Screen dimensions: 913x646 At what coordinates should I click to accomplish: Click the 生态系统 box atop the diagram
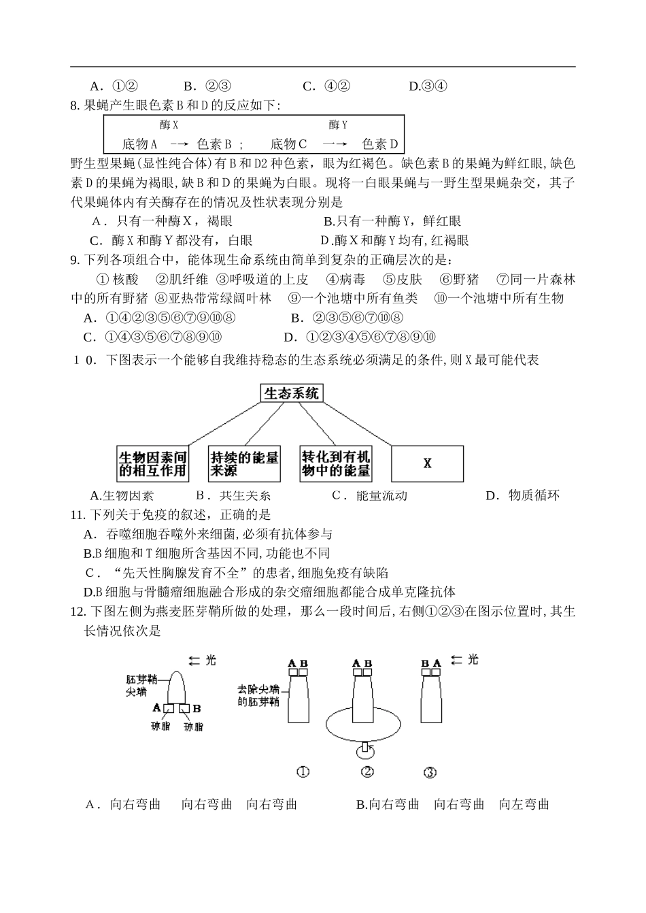pyautogui.click(x=290, y=393)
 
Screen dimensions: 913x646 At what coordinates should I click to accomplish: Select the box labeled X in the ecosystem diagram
pyautogui.click(x=427, y=463)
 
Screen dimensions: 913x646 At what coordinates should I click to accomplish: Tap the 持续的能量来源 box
pyautogui.click(x=245, y=463)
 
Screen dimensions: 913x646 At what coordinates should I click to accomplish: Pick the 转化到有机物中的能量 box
pyautogui.click(x=336, y=463)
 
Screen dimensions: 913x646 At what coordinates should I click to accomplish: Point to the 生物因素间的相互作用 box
pyautogui.click(x=152, y=463)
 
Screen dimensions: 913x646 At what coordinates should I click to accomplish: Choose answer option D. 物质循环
pyautogui.click(x=522, y=495)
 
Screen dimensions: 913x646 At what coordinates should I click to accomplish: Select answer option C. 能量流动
pyautogui.click(x=369, y=495)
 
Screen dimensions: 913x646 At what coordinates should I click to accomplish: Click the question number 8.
pyautogui.click(x=75, y=105)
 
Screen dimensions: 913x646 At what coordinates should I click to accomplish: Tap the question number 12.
pyautogui.click(x=77, y=612)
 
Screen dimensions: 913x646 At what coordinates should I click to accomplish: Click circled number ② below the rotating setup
pyautogui.click(x=367, y=771)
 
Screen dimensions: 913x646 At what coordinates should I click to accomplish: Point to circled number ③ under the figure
pyautogui.click(x=430, y=772)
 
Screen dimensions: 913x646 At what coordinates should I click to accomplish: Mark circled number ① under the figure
pyautogui.click(x=303, y=772)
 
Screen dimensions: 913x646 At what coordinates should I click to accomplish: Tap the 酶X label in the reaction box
pyautogui.click(x=169, y=124)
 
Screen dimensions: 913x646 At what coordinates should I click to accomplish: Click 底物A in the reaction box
pyautogui.click(x=140, y=144)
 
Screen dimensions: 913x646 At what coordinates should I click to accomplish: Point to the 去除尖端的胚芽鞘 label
pyautogui.click(x=258, y=695)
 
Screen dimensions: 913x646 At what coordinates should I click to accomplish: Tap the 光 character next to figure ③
pyautogui.click(x=473, y=659)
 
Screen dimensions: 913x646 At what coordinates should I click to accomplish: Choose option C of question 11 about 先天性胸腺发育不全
pyautogui.click(x=238, y=573)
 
